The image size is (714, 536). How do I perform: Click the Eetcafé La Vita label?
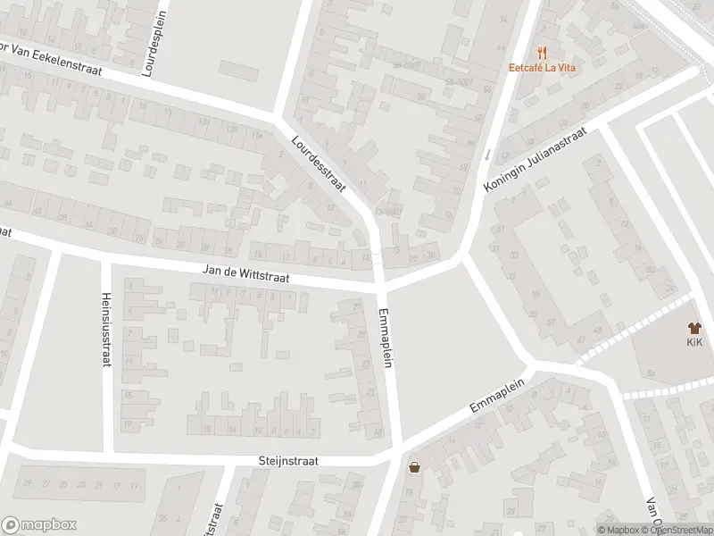coord(539,66)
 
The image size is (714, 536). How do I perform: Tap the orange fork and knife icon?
coord(540,52)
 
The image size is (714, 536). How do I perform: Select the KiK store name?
coord(694,342)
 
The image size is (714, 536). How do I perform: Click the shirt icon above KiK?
coord(694,328)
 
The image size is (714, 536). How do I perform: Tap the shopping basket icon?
coord(414,466)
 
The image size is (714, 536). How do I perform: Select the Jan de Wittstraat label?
coord(247,274)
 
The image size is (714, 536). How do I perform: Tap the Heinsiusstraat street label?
coord(106,330)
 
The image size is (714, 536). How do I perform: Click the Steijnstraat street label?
coord(288,461)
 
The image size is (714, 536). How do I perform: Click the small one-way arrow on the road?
coord(486,154)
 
